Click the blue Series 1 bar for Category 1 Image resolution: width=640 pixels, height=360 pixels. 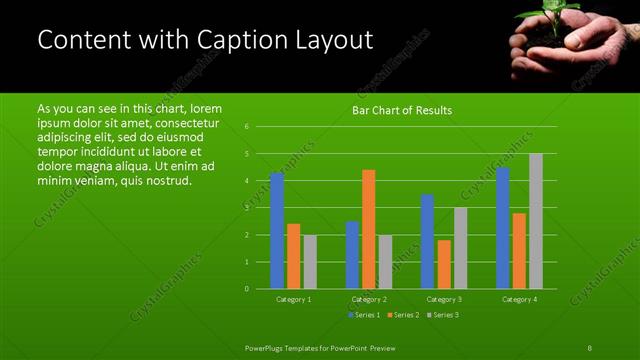(277, 230)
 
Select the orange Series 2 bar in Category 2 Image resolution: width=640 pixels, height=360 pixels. (369, 229)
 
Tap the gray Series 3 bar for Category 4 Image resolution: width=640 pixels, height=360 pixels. (536, 221)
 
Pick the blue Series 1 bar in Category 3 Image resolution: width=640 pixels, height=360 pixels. (427, 241)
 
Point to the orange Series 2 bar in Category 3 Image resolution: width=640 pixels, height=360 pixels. (444, 264)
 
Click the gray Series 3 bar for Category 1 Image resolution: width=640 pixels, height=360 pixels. (310, 261)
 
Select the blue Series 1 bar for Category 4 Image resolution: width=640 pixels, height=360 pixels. (503, 228)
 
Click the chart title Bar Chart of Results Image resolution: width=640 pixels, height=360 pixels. (402, 110)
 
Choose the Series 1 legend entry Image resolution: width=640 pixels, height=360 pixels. (363, 315)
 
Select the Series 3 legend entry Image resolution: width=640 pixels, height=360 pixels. (442, 315)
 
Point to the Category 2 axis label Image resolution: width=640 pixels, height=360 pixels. (369, 299)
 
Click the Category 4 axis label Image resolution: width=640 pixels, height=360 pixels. (519, 299)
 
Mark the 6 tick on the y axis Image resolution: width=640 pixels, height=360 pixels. (247, 127)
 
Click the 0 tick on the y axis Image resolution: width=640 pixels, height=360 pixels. (247, 289)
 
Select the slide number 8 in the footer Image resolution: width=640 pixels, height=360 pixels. (590, 347)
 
